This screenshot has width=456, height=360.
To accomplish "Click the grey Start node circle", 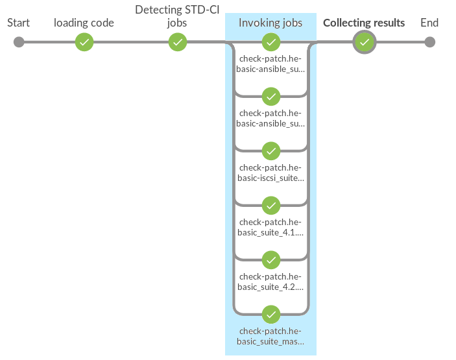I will click(19, 42).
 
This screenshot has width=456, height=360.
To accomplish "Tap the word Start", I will click(19, 23).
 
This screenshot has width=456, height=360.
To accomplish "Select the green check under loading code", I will click(84, 42).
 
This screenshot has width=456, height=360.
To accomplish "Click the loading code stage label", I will click(84, 23).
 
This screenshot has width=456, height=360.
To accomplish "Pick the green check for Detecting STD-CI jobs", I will click(178, 42).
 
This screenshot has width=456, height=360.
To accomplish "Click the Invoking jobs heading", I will click(270, 23).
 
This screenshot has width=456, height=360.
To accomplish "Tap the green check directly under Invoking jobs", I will click(270, 42).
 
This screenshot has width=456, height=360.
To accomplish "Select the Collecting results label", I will click(364, 23).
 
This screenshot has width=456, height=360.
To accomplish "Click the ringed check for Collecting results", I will click(365, 42).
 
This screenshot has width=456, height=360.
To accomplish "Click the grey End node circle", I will click(429, 42).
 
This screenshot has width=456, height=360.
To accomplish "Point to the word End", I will click(429, 23).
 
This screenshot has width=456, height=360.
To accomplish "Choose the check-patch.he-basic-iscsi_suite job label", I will click(270, 173).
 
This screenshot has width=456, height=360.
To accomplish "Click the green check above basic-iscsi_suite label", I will click(270, 151).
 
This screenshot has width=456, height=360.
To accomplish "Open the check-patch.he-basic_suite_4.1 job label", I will click(270, 227).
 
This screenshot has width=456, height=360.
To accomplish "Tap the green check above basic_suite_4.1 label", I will click(270, 206).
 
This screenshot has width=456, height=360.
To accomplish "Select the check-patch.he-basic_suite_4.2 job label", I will click(270, 282).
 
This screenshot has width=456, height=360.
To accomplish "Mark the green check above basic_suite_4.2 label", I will click(270, 260).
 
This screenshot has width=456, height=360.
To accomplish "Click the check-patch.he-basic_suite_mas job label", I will click(270, 336).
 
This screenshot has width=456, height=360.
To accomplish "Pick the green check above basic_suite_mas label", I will click(270, 315).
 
